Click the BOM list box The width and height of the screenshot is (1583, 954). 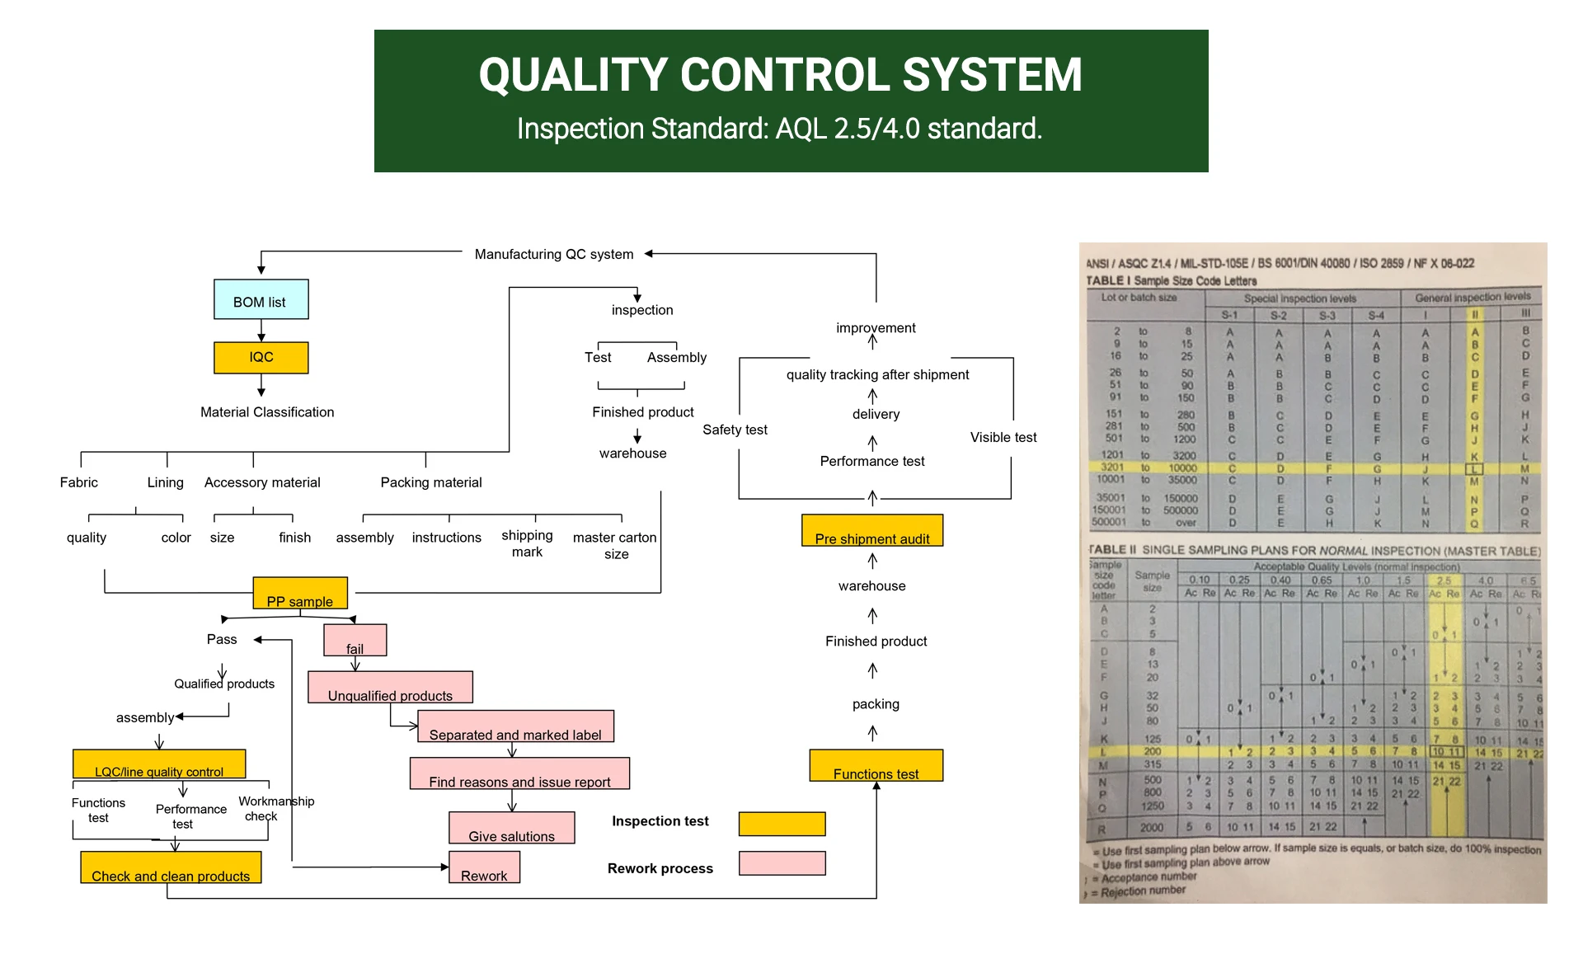tap(261, 299)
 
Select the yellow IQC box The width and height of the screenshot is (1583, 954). tap(261, 357)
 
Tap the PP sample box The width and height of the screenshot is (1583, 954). tap(300, 594)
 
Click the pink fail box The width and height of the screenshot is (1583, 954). tap(355, 640)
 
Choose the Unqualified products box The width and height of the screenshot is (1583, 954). tap(390, 687)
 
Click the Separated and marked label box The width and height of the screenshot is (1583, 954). tap(515, 726)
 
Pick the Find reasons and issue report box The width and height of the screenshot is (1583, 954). tap(519, 773)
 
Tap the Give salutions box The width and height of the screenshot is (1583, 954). tap(511, 828)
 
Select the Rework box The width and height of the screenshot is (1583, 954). tap(484, 867)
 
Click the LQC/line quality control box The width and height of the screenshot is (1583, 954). tap(159, 764)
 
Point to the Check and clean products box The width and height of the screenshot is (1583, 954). tap(171, 867)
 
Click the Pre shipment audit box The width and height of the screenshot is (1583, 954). tap(872, 530)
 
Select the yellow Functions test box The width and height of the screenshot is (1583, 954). tap(876, 765)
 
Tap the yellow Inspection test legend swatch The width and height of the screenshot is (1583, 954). tap(782, 824)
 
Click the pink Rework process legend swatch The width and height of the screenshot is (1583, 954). tap(782, 863)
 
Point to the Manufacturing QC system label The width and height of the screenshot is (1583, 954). tap(554, 254)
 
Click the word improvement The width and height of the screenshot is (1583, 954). tap(876, 327)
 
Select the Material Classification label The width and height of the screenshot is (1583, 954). tap(267, 412)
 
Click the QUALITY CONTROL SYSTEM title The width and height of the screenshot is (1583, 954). tap(780, 75)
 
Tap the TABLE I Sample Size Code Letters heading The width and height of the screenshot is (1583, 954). tap(1171, 281)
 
